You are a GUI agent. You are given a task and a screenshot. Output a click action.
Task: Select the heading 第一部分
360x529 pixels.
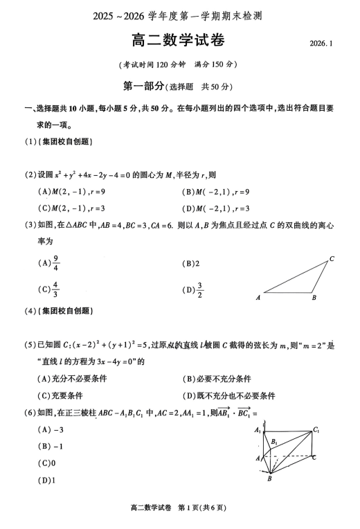click(x=143, y=86)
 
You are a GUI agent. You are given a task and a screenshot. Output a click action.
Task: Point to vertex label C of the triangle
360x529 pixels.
click(x=332, y=260)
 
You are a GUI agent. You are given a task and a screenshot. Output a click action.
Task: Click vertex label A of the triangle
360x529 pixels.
click(x=258, y=298)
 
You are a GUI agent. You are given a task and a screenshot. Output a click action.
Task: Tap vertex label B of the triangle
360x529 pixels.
click(x=314, y=298)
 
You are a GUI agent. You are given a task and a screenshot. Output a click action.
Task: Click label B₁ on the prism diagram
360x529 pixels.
click(x=274, y=441)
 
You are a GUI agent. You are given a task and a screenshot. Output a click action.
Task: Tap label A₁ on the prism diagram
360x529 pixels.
click(x=258, y=430)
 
